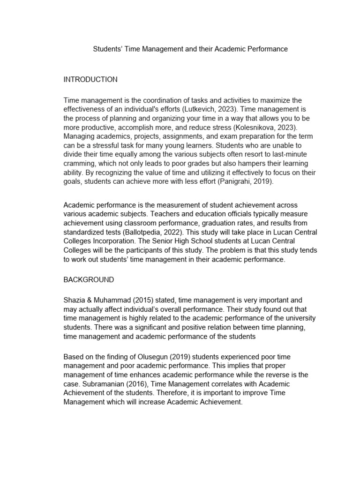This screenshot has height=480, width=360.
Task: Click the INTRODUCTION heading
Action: click(x=90, y=80)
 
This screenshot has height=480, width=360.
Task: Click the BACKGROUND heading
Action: click(x=89, y=280)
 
